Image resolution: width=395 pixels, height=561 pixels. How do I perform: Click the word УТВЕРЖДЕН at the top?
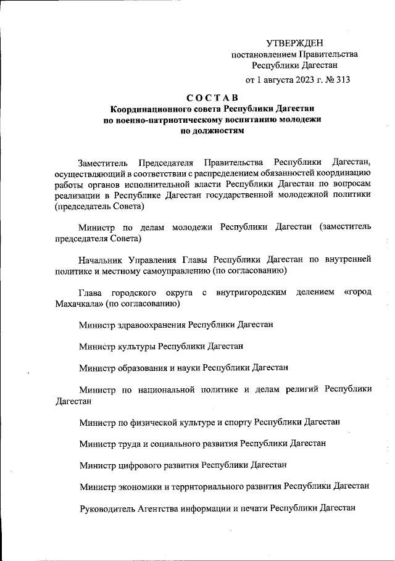pyautogui.click(x=294, y=43)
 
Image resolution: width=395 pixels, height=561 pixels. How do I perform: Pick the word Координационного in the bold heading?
pyautogui.click(x=148, y=109)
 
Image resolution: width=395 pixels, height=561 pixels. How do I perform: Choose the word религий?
pyautogui.click(x=301, y=389)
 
